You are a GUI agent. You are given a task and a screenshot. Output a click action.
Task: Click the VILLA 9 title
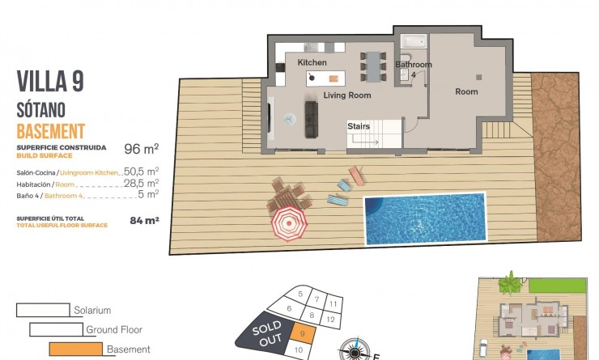tap(50, 82)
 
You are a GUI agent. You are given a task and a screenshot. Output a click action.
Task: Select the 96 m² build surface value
tap(141, 149)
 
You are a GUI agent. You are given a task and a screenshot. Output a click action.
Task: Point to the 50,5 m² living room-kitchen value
tap(140, 172)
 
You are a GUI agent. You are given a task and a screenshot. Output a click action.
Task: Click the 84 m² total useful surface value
tap(144, 219)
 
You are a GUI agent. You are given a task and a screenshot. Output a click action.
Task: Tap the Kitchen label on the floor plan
tap(312, 62)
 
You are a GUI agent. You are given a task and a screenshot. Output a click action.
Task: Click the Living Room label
tap(347, 95)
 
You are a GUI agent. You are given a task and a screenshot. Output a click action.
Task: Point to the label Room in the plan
tap(466, 91)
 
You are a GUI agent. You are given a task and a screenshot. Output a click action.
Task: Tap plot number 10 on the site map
tap(299, 350)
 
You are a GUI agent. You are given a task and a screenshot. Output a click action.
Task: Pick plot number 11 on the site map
tap(333, 303)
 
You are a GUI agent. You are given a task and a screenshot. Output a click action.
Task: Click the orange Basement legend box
tap(76, 349)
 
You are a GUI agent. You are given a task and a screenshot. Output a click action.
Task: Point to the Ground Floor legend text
tap(114, 329)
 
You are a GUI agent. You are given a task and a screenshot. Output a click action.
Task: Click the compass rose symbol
tap(354, 349)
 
